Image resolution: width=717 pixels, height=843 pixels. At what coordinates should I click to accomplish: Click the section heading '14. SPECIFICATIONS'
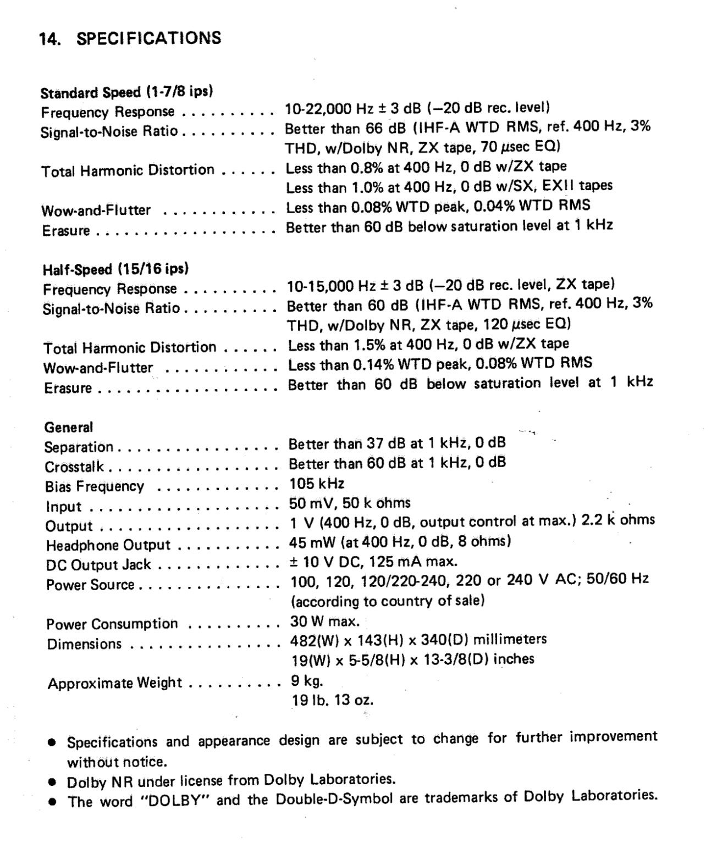tap(130, 38)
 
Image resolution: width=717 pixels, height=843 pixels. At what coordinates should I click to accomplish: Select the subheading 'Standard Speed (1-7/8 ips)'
tap(126, 91)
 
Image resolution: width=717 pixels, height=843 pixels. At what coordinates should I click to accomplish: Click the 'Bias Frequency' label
tap(94, 486)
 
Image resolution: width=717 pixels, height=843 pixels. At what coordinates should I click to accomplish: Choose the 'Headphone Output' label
tap(108, 545)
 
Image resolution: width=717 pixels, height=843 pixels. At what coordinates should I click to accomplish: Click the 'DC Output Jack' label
tap(98, 565)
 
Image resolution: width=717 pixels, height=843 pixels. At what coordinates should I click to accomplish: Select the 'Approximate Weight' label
tap(114, 683)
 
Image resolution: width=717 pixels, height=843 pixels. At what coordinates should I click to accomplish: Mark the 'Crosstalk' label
tap(74, 467)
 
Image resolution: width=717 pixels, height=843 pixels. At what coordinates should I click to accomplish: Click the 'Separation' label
tap(79, 447)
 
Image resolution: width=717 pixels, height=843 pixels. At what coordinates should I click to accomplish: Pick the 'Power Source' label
tap(90, 585)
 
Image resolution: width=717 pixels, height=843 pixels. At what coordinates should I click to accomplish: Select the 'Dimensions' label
tap(84, 644)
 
